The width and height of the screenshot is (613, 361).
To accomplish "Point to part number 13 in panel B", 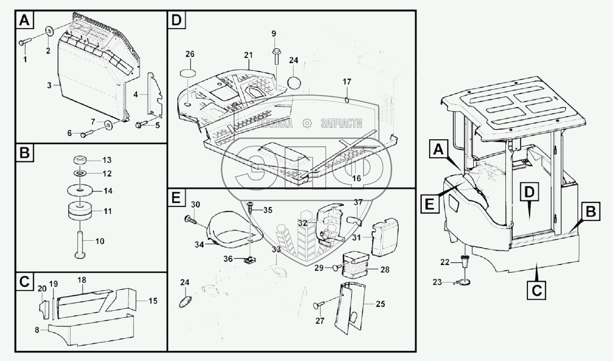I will pyautogui.click(x=94, y=159).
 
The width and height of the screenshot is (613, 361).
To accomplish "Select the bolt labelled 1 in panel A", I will pyautogui.click(x=24, y=43).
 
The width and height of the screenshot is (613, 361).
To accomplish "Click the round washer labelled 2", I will pyautogui.click(x=49, y=31).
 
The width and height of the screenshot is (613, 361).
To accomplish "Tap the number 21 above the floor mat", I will pyautogui.click(x=249, y=55).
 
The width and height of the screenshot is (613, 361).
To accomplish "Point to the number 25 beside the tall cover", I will pyautogui.click(x=380, y=304).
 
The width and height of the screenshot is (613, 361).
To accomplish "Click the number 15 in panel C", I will pyautogui.click(x=152, y=301).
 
